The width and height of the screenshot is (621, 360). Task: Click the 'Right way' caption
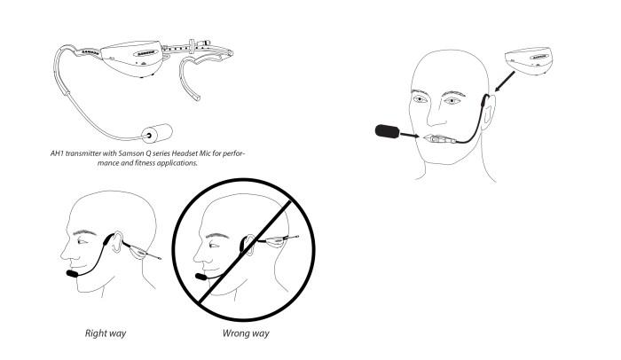click(x=106, y=333)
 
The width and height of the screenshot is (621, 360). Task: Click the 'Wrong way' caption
click(x=246, y=333)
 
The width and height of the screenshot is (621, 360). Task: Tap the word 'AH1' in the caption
click(x=57, y=153)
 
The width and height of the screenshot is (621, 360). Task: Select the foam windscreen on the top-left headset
click(x=158, y=134)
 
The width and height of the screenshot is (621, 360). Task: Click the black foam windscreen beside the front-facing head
click(x=387, y=131)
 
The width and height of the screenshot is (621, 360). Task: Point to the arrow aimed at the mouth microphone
click(x=410, y=136)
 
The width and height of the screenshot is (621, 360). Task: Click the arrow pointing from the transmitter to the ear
click(x=505, y=82)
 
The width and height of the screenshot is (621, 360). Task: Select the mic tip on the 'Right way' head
click(x=72, y=274)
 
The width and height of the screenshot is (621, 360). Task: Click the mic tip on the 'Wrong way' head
click(x=200, y=277)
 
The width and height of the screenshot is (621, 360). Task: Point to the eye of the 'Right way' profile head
click(x=82, y=241)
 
